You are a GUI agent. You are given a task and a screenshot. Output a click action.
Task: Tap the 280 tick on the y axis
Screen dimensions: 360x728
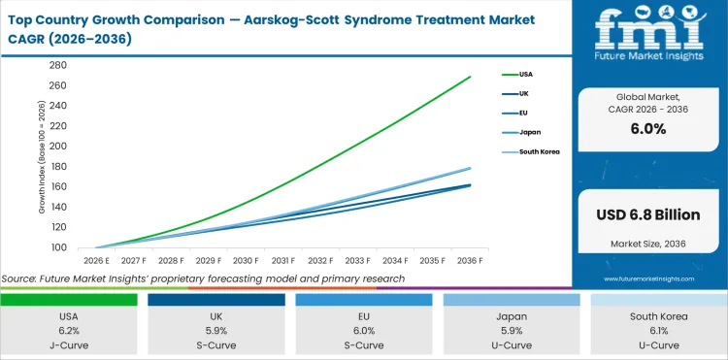point(57,66)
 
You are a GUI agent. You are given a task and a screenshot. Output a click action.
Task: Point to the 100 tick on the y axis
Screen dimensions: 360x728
point(57,247)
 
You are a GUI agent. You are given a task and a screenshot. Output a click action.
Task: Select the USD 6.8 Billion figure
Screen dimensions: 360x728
point(647,213)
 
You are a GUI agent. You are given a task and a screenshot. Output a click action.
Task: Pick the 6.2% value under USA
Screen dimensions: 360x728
point(69,329)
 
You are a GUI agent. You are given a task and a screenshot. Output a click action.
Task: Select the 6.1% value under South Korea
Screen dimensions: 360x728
point(658,329)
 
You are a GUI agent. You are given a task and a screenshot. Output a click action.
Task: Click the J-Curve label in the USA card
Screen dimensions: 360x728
point(69,344)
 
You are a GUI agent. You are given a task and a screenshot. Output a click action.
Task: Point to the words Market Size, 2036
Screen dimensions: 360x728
point(647,243)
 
